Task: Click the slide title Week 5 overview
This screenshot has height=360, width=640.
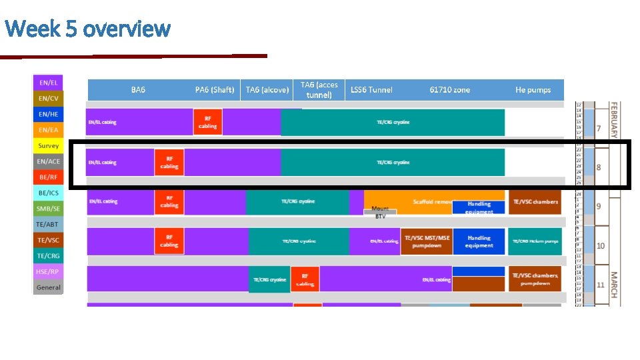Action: point(87,29)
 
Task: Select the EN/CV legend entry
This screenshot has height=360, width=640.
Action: point(48,99)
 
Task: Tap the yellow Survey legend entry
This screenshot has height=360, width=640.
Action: point(48,146)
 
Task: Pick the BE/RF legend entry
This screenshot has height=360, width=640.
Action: point(48,177)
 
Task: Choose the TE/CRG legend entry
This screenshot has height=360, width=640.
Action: point(48,256)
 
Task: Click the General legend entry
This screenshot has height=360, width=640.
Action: point(48,287)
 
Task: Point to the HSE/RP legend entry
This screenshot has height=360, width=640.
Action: point(48,272)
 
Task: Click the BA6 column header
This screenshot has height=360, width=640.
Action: point(138,90)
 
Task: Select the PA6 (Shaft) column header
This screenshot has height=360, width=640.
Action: point(214,90)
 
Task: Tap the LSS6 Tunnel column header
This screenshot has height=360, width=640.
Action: point(371,90)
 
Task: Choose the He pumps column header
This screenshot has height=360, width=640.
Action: point(533,90)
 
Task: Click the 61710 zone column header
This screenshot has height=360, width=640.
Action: point(449,90)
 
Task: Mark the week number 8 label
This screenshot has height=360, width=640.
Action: point(598,167)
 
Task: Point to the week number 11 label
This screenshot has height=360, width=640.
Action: point(600,285)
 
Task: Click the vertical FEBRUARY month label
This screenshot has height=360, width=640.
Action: point(614,120)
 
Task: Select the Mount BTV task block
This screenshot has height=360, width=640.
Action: point(380,212)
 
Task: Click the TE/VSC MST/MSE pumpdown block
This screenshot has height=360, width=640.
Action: point(425,241)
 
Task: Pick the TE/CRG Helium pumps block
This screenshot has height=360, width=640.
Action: point(535,241)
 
